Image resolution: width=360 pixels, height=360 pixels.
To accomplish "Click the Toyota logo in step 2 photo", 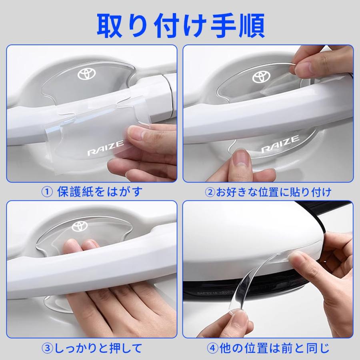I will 262,77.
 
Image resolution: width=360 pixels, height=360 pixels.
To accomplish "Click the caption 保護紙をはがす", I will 100,192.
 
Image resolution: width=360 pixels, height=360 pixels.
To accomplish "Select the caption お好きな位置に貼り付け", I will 274,192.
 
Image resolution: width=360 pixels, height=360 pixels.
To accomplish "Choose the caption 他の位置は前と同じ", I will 274,347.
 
